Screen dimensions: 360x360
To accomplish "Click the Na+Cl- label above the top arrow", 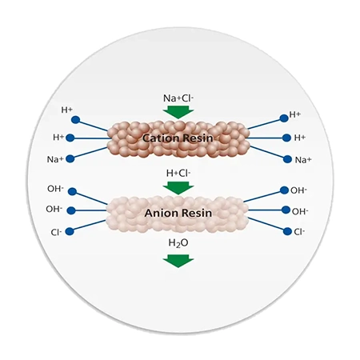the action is (x=178, y=98).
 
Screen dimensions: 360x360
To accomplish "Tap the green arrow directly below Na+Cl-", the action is (x=178, y=112).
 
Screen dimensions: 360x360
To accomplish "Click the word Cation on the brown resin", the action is (x=161, y=138).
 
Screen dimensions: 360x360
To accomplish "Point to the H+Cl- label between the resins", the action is (x=178, y=173).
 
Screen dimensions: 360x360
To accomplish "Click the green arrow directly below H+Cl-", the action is (x=178, y=188).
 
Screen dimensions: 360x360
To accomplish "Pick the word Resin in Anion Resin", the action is (x=196, y=213).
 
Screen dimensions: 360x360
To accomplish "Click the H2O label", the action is (x=178, y=243).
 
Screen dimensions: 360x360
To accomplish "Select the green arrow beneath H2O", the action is (x=178, y=261).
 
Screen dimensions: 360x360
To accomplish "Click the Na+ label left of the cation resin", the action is (x=55, y=159).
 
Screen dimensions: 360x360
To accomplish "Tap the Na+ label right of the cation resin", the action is (x=303, y=160).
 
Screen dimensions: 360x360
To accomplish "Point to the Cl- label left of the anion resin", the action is (x=56, y=232).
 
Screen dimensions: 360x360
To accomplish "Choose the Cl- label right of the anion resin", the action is (x=299, y=232).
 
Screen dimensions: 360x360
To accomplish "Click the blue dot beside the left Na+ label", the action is (x=70, y=158).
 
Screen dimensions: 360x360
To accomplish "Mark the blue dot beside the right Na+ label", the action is (x=287, y=159).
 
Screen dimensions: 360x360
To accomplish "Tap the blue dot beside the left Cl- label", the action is (x=70, y=231).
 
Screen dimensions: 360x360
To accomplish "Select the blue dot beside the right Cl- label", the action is (x=287, y=231).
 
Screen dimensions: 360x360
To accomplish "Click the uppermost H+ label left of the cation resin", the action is (x=67, y=110).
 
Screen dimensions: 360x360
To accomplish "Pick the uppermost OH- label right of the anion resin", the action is (x=298, y=190).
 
